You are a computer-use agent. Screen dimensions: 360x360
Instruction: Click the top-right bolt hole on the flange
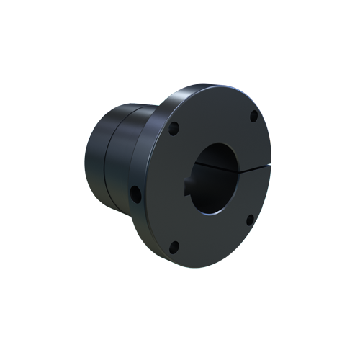point(253,116)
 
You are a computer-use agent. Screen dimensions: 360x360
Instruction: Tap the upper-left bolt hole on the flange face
point(174,130)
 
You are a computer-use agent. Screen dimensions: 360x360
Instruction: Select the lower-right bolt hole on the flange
point(249,220)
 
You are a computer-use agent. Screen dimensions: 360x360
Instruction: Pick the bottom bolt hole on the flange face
point(174,248)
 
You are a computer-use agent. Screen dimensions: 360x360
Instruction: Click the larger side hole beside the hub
point(135,193)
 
